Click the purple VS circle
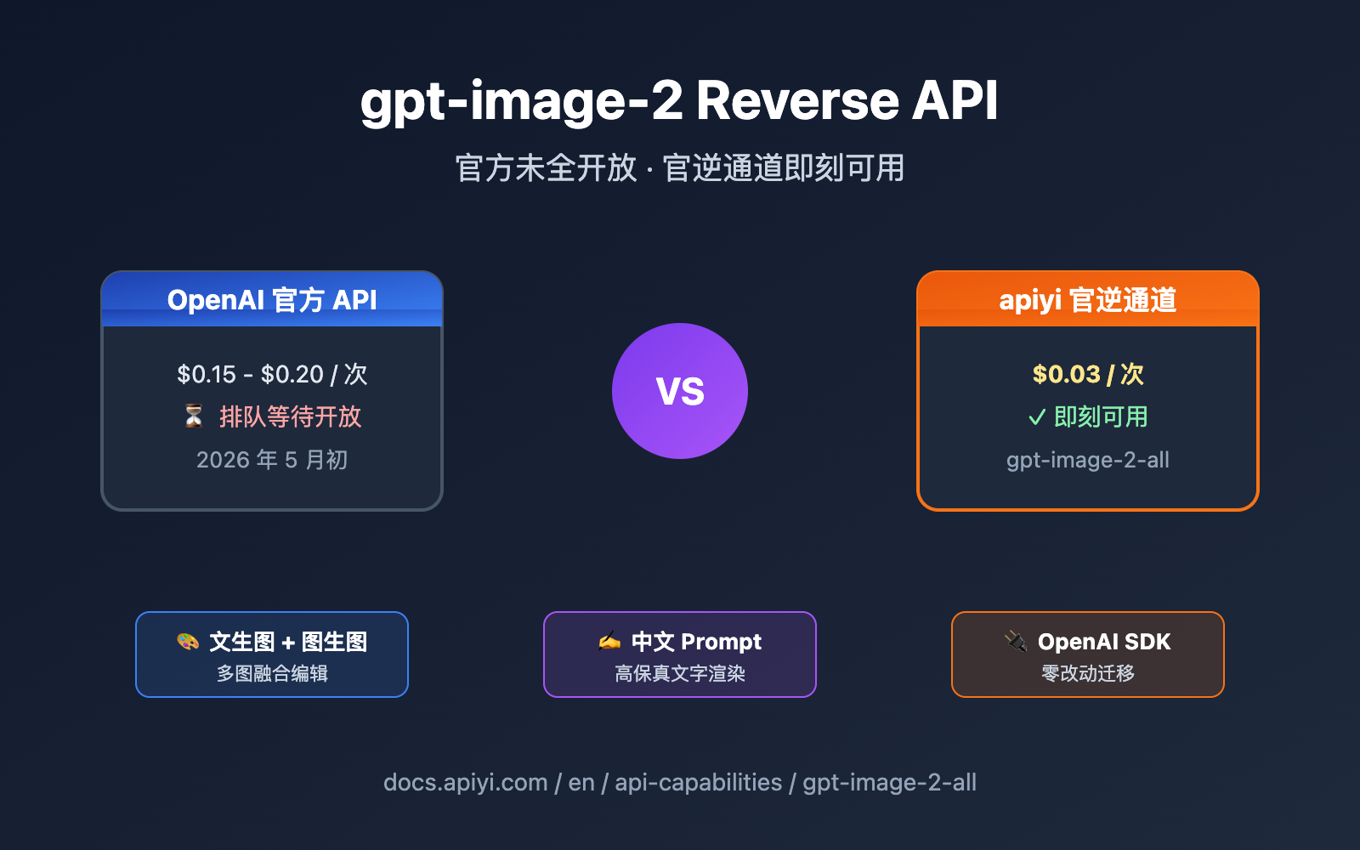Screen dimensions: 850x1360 (680, 391)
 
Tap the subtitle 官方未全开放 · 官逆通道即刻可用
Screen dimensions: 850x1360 (680, 167)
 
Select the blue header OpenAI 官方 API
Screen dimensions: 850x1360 (272, 300)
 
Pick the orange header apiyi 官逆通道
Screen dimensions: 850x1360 (1088, 300)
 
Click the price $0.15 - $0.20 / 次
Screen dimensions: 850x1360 (272, 374)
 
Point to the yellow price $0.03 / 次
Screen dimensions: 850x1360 (1088, 374)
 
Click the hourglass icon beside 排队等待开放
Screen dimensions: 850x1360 (194, 416)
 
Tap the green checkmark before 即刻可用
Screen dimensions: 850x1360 (1036, 417)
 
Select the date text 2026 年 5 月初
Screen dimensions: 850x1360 (272, 460)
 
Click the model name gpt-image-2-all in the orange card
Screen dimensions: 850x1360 (1088, 460)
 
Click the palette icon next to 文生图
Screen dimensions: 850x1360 (188, 641)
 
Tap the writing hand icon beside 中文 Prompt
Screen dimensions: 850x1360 (609, 641)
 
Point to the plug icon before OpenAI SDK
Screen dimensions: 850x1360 (1016, 641)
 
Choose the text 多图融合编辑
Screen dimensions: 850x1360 (272, 673)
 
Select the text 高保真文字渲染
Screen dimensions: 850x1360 (680, 673)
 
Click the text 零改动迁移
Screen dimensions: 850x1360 (1088, 673)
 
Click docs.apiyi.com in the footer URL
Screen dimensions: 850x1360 (466, 782)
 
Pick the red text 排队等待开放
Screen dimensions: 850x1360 (291, 416)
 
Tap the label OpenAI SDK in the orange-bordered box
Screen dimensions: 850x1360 (1104, 642)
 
